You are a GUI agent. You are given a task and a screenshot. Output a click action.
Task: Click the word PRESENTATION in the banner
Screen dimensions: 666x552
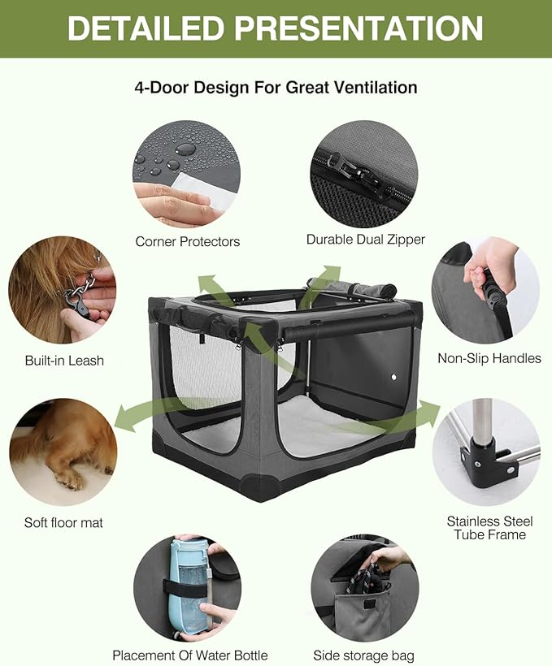coord(359,28)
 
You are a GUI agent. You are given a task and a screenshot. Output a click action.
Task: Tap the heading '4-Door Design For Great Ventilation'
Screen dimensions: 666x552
coord(276,87)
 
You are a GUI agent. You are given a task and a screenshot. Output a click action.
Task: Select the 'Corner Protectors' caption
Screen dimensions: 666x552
coord(187,241)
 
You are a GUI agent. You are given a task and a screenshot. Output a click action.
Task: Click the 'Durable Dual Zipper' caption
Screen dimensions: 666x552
coord(365,239)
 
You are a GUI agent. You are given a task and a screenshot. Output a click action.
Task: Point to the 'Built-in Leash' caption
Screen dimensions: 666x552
coord(63,360)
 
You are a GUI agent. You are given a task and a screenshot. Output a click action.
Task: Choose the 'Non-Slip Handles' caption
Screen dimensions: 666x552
coord(489,357)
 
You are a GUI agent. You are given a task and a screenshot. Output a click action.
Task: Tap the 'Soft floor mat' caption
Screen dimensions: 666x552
coord(63,522)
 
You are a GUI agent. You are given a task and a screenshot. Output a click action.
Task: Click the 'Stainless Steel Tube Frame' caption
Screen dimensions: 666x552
coord(486,527)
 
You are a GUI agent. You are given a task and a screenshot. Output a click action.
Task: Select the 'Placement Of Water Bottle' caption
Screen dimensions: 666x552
coord(189,655)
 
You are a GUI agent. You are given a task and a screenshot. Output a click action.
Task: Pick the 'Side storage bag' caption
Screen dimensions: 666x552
coord(363,655)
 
